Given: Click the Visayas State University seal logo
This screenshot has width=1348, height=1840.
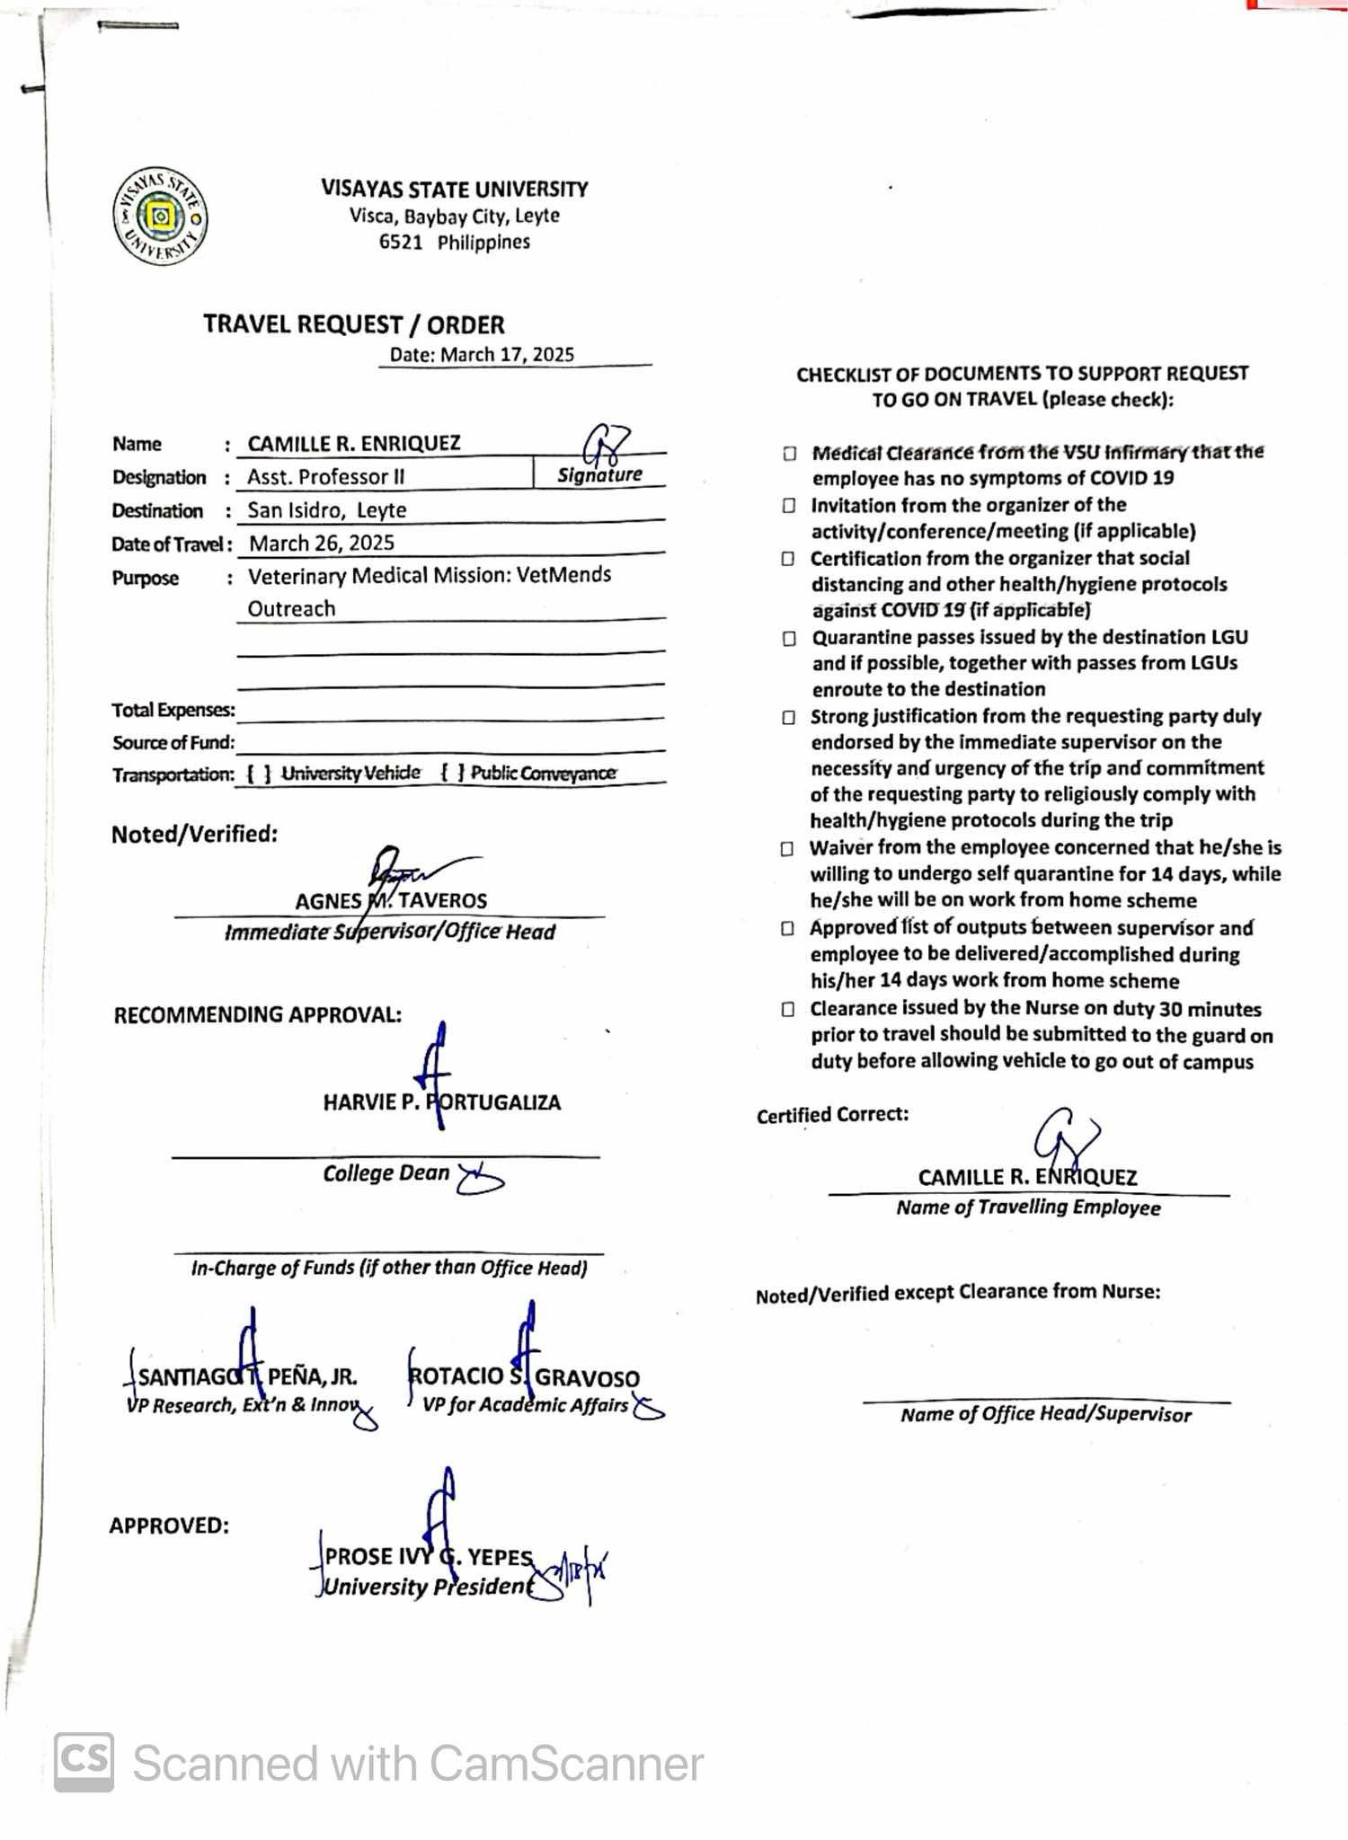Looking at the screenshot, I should (x=160, y=217).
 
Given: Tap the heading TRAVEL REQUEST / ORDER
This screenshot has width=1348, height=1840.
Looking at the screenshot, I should (x=353, y=324).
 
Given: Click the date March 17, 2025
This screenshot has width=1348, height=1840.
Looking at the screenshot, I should (x=506, y=354).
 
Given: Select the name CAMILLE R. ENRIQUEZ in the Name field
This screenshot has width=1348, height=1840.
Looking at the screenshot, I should (x=354, y=444).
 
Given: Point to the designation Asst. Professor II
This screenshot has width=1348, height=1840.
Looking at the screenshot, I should (x=326, y=477).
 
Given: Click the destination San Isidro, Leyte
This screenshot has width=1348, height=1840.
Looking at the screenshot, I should (x=327, y=510).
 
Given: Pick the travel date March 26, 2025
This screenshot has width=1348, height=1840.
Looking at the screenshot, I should (x=322, y=543).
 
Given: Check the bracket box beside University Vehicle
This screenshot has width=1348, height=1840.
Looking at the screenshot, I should (x=259, y=774).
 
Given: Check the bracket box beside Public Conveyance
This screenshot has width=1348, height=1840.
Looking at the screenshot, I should (x=453, y=773).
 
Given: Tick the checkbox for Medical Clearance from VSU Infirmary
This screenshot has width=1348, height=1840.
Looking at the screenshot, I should (x=789, y=453).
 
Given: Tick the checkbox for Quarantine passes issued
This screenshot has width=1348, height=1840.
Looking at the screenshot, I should (x=789, y=639).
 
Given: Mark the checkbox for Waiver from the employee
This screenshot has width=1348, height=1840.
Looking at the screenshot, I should (x=788, y=848).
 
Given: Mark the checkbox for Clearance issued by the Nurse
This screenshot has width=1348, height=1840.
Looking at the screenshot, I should (x=788, y=1009).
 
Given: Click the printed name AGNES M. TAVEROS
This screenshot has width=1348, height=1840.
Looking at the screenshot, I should (x=391, y=901).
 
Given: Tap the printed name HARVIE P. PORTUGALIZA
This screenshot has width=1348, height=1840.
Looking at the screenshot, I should (x=441, y=1102).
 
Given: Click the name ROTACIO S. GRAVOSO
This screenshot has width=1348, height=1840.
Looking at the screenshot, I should (x=524, y=1377).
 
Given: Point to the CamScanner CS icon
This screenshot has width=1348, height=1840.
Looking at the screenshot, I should (x=84, y=1762).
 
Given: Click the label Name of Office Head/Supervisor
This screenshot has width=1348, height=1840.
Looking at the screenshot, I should (x=1045, y=1415).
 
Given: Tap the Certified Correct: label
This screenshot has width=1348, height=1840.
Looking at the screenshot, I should (x=832, y=1115).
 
